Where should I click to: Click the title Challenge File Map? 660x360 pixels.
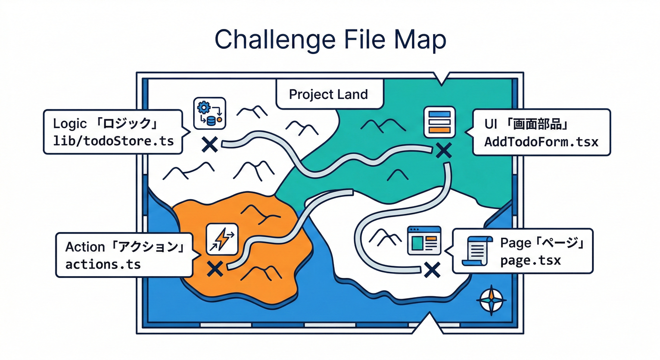pos(330,40)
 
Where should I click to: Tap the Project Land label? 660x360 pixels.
pos(328,94)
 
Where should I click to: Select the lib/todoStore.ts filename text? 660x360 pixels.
pos(113,141)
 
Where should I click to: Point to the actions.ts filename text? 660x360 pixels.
pos(103,264)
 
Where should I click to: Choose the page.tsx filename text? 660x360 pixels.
pos(530,261)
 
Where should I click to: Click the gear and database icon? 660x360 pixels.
pos(210,112)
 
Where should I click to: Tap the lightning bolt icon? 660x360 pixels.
pos(222,239)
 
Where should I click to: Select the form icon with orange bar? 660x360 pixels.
pos(440,122)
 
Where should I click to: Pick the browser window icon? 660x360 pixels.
pos(424,240)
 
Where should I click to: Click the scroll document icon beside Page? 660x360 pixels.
pos(477,251)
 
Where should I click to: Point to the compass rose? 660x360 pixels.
pos(491,300)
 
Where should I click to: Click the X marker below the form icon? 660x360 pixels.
pos(443,150)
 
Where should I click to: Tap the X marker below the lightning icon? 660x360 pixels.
pos(215,269)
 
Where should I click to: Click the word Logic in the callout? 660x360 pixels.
pos(70,124)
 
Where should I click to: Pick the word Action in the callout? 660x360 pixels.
pos(85,247)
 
